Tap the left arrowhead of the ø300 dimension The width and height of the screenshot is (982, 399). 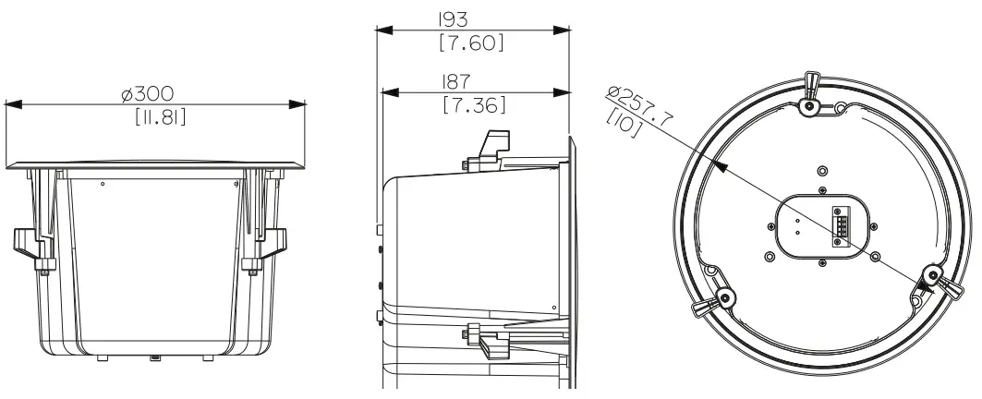pyautogui.click(x=11, y=105)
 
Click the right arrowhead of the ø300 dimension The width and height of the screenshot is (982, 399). pyautogui.click(x=299, y=105)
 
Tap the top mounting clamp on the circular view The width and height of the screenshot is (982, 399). pyautogui.click(x=810, y=95)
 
